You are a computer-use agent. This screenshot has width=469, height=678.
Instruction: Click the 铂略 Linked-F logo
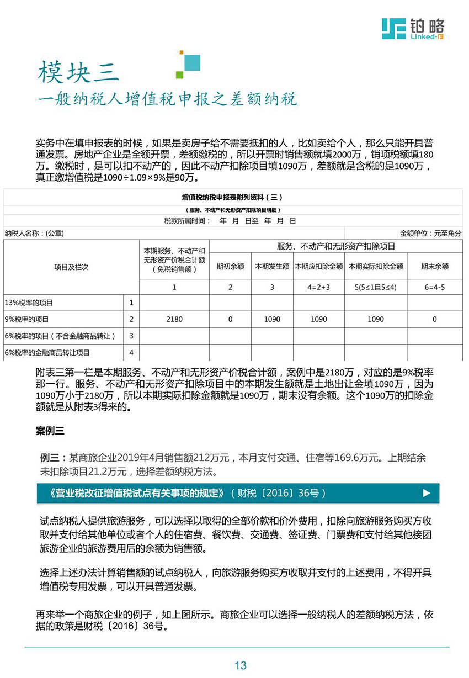tap(413, 28)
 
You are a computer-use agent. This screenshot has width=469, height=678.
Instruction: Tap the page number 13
tap(240, 665)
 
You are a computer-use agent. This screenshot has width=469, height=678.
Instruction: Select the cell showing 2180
tap(174, 319)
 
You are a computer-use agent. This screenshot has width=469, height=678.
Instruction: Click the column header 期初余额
tap(230, 266)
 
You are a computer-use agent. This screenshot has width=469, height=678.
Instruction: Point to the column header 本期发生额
tap(272, 266)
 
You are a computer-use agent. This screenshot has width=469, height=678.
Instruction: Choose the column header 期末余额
tap(434, 266)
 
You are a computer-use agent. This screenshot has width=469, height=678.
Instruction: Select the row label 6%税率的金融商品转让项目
tap(47, 352)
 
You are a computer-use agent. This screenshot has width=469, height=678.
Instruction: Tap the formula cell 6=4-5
tap(434, 287)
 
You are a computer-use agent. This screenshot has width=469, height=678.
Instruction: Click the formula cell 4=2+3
tap(318, 287)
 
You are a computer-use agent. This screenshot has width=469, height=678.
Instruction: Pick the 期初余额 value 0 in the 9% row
tap(230, 319)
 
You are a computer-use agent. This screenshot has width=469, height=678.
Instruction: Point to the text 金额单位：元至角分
tap(430, 233)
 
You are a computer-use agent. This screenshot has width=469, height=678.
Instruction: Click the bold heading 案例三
tap(50, 431)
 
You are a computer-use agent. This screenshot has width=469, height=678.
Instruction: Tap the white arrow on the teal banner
tap(426, 493)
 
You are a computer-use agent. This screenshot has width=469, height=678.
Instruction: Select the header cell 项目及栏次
tap(71, 267)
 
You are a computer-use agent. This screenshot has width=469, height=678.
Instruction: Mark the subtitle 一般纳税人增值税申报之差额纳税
tap(167, 99)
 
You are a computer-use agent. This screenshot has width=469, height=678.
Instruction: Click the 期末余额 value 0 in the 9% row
tap(434, 319)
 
